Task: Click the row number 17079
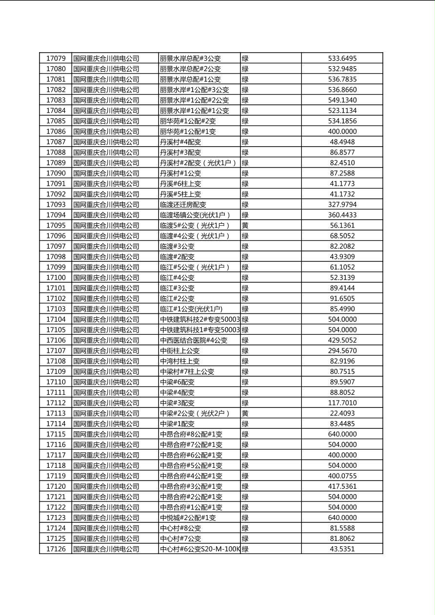[x=56, y=58]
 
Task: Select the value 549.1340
[x=342, y=100]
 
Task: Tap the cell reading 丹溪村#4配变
[x=180, y=142]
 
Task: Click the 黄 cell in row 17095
[x=245, y=226]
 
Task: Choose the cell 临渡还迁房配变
[x=183, y=205]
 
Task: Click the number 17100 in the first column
[x=56, y=278]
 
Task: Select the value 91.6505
[x=342, y=299]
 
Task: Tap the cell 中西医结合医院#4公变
[x=194, y=341]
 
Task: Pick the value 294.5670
[x=342, y=351]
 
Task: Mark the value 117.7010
[x=342, y=403]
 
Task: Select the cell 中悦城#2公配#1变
[x=188, y=518]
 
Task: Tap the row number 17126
[x=56, y=549]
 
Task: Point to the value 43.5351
[x=342, y=549]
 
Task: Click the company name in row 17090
[x=106, y=173]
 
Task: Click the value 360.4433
[x=342, y=215]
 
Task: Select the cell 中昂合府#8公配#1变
[x=191, y=434]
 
